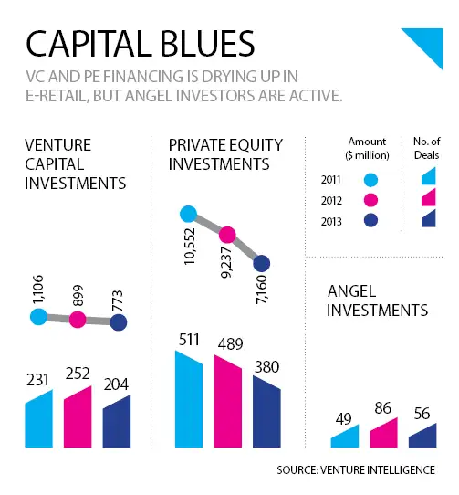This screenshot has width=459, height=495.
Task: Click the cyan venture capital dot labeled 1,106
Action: (38, 317)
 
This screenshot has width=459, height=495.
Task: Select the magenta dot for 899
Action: (78, 320)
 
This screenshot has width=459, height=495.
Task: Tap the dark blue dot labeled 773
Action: (119, 322)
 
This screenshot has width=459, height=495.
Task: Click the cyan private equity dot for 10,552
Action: (188, 214)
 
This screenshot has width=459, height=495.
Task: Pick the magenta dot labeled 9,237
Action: (227, 235)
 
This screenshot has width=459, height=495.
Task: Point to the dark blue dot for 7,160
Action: (262, 263)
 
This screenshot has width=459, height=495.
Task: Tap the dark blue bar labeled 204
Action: (117, 421)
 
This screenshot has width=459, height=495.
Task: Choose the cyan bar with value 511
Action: (189, 399)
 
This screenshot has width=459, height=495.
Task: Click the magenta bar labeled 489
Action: (228, 401)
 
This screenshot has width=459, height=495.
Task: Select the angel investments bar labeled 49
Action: (345, 436)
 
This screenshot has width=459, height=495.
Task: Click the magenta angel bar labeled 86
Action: (383, 433)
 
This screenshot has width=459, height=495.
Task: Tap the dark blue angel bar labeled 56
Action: (422, 436)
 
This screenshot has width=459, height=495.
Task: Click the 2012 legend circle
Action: (370, 200)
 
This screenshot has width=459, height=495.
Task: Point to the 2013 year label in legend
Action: (331, 222)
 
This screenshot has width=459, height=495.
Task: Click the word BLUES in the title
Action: (209, 44)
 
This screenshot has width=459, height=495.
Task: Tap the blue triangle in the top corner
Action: (427, 43)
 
